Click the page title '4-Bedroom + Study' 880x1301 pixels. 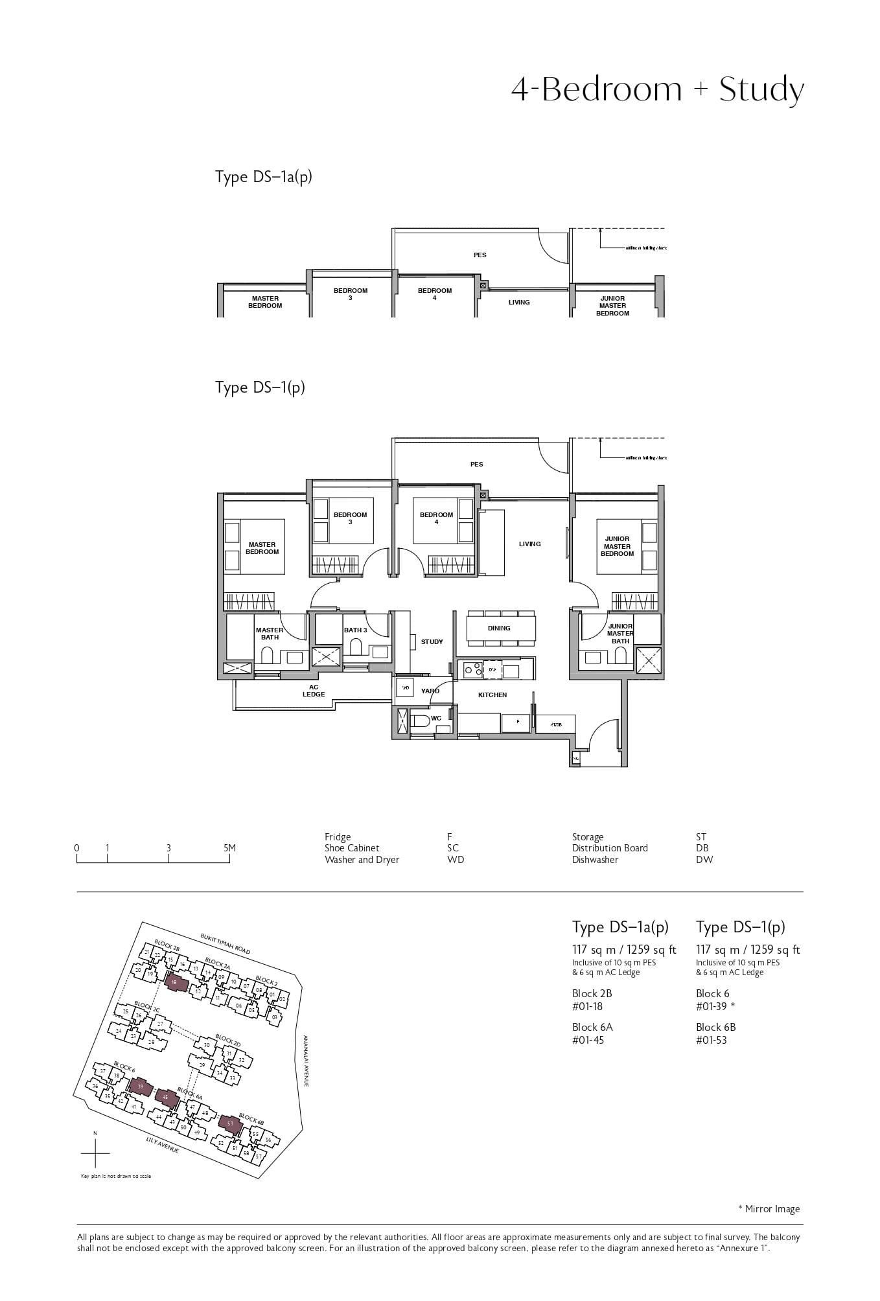657,89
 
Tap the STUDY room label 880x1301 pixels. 432,641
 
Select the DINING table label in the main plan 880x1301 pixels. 498,628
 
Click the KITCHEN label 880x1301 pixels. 492,695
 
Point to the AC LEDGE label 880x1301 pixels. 313,691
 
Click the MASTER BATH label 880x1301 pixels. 269,633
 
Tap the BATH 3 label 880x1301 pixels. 355,630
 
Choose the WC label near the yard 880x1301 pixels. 435,718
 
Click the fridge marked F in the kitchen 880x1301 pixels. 517,721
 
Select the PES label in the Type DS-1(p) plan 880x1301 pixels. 476,464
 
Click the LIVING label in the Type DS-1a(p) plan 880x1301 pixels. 518,302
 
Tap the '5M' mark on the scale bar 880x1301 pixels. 229,847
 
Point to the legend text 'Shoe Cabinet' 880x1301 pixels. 352,848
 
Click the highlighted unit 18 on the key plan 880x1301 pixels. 175,982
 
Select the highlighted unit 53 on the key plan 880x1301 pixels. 230,1123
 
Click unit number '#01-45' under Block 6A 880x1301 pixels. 588,1040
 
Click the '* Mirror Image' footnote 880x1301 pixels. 769,1208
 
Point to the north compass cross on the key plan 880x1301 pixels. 95,1154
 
